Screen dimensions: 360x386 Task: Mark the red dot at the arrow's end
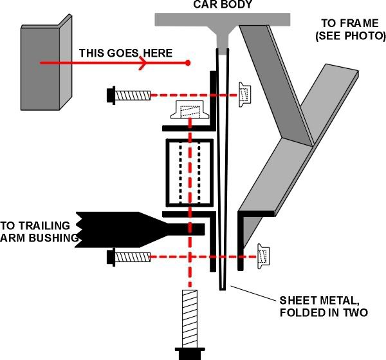click(x=188, y=63)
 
